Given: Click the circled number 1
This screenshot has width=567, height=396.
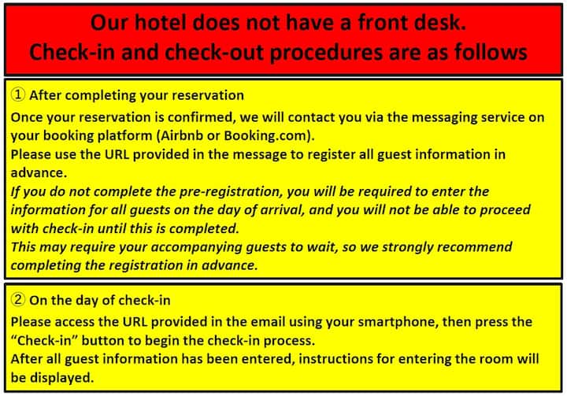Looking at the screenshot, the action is click(x=17, y=94).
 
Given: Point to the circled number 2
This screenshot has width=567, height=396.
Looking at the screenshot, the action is click(x=17, y=300).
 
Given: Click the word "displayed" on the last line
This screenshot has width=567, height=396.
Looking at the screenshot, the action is click(x=61, y=378).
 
